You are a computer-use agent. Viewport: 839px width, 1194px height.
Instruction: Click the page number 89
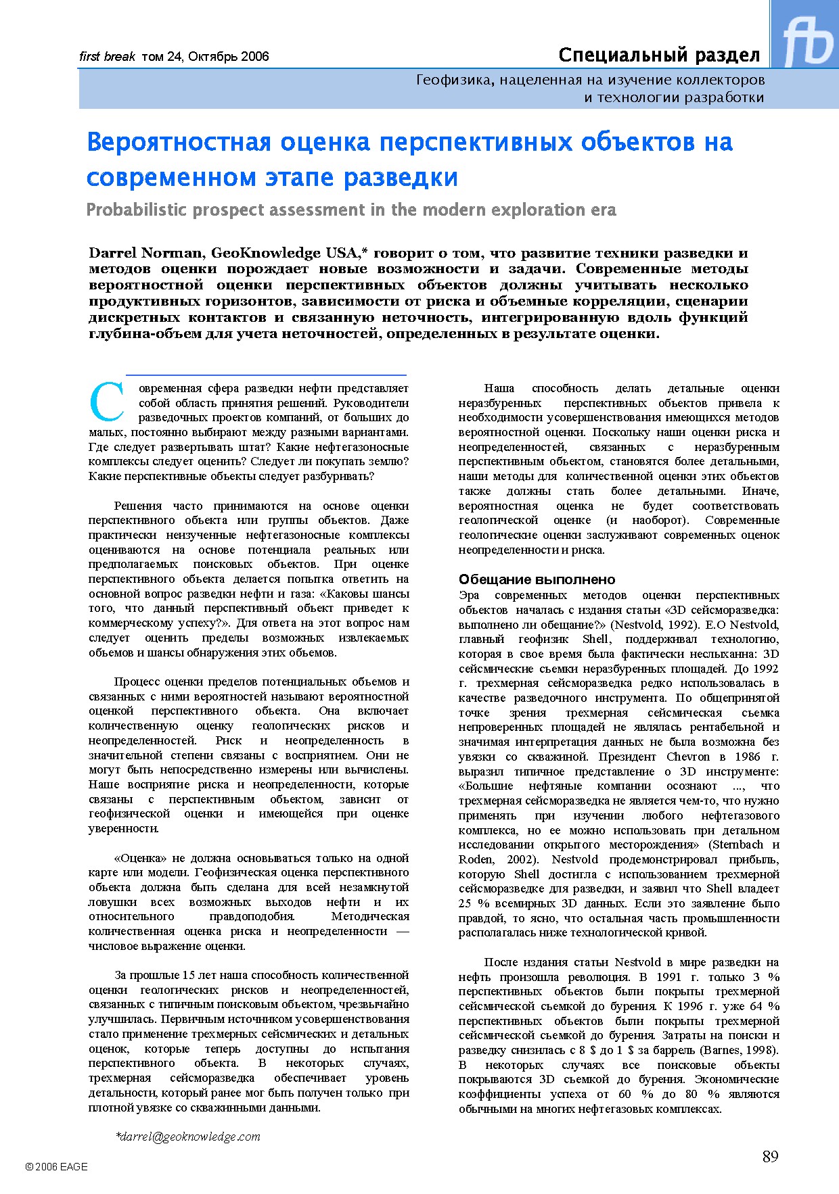pyautogui.click(x=770, y=1157)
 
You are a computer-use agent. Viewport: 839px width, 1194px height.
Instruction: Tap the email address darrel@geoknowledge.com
pyautogui.click(x=188, y=1137)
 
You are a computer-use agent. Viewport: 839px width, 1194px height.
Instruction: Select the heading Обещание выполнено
pyautogui.click(x=537, y=579)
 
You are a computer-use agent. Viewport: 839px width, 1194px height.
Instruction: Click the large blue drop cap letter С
pyautogui.click(x=106, y=402)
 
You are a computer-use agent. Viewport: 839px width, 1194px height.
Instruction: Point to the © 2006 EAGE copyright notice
pyautogui.click(x=56, y=1166)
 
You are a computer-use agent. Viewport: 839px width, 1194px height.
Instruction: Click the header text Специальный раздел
pyautogui.click(x=659, y=55)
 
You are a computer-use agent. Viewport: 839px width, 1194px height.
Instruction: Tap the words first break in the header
pyautogui.click(x=107, y=57)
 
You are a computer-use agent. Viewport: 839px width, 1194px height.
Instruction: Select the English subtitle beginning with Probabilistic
pyautogui.click(x=351, y=210)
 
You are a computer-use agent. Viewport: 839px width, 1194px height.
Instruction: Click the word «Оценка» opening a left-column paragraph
pyautogui.click(x=140, y=859)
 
